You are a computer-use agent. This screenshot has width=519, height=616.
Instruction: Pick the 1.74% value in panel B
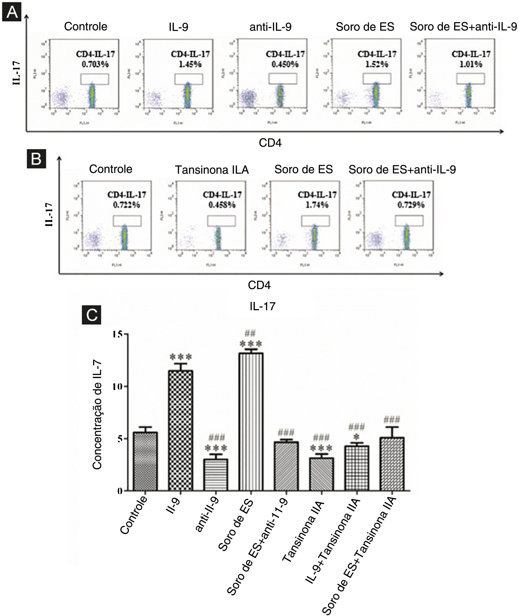tap(317, 205)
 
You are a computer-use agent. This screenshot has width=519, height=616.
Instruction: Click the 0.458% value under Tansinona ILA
tap(222, 205)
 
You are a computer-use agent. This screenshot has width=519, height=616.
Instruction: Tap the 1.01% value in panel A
tap(471, 64)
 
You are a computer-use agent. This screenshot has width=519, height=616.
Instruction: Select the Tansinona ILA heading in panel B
tap(212, 170)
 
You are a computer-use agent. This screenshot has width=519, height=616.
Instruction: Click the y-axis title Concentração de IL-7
tap(97, 415)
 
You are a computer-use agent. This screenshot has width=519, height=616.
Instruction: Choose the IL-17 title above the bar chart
tap(262, 306)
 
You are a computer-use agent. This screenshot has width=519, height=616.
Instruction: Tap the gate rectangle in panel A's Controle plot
tap(95, 79)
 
